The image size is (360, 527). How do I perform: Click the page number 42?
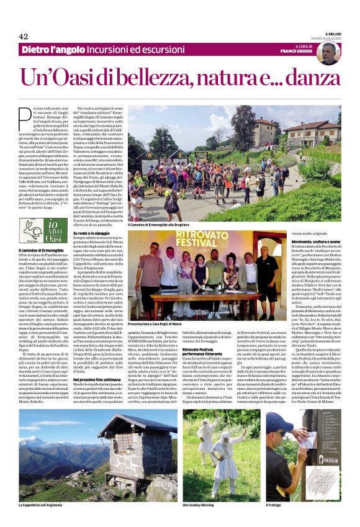(23, 36)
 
